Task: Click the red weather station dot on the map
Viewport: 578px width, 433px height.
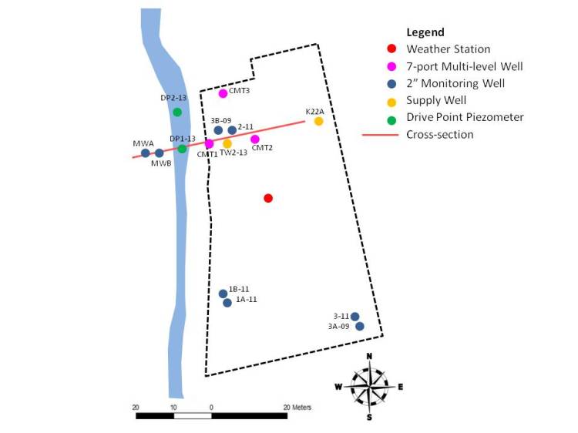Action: point(268,198)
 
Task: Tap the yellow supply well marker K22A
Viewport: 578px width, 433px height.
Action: point(318,121)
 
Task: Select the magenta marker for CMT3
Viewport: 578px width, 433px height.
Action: point(223,93)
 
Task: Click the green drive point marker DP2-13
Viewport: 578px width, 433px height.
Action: point(177,112)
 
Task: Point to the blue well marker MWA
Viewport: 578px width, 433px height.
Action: point(145,153)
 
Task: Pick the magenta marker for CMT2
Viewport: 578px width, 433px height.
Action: point(255,139)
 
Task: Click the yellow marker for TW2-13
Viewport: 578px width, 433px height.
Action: point(227,143)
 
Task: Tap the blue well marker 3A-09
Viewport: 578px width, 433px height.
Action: point(359,326)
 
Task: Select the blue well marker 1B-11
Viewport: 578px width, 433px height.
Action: point(223,294)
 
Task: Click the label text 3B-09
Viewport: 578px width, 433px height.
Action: point(220,121)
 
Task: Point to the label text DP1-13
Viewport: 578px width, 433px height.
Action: point(183,139)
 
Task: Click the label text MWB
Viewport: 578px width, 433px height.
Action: point(161,163)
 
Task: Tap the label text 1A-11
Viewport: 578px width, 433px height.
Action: point(247,300)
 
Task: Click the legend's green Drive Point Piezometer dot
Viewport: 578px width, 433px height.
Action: point(391,117)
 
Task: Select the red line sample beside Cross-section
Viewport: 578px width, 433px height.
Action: point(379,134)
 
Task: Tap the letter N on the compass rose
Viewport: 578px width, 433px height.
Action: point(370,355)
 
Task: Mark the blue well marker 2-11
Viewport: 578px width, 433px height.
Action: point(232,130)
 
